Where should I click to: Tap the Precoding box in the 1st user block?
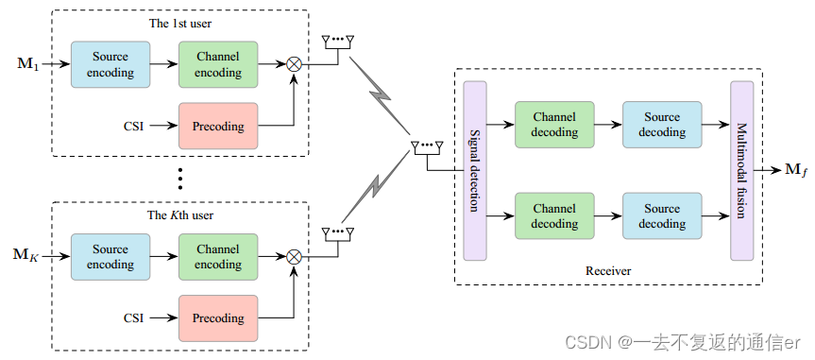217,127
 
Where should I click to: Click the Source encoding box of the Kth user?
110,257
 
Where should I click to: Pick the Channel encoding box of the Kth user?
217,257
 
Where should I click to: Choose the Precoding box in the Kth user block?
217,318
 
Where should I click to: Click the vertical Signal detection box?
475,170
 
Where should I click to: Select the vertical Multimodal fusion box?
741,170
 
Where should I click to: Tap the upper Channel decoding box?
554,125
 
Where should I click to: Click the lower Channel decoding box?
554,216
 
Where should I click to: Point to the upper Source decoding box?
662,125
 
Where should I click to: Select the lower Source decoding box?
662,216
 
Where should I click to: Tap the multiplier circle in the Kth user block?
295,257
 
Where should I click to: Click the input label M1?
28,65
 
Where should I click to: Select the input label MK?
28,256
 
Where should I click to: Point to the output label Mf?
795,170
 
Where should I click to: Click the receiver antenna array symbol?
428,147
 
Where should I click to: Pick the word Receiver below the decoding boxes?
607,271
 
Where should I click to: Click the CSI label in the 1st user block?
134,127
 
